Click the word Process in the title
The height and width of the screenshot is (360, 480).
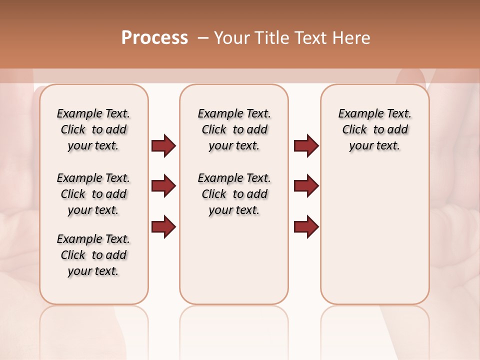tap(154, 38)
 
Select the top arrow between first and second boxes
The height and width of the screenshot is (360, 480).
tap(163, 145)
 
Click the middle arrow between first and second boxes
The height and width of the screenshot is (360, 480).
tap(163, 186)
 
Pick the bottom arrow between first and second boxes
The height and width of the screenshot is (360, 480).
tap(163, 226)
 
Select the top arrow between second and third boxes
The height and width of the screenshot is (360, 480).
tap(306, 145)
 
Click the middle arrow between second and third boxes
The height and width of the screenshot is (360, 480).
tap(306, 186)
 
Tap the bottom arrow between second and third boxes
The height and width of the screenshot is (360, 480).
tap(306, 226)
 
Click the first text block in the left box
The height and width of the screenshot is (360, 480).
tap(93, 129)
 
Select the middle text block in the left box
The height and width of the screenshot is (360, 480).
tap(93, 194)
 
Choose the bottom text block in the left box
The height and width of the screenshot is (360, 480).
tap(93, 255)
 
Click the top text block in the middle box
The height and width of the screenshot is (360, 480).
tap(234, 129)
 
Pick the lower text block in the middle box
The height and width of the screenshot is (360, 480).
tap(234, 194)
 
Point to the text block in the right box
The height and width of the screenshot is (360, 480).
tap(374, 129)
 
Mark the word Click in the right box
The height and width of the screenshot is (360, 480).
tap(354, 130)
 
